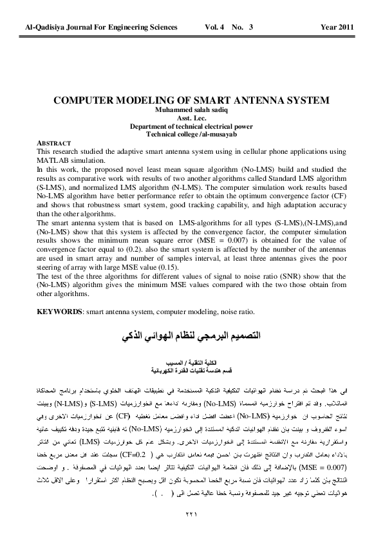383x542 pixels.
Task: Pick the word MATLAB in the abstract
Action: point(55,159)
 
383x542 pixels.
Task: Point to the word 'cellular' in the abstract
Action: point(241,151)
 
